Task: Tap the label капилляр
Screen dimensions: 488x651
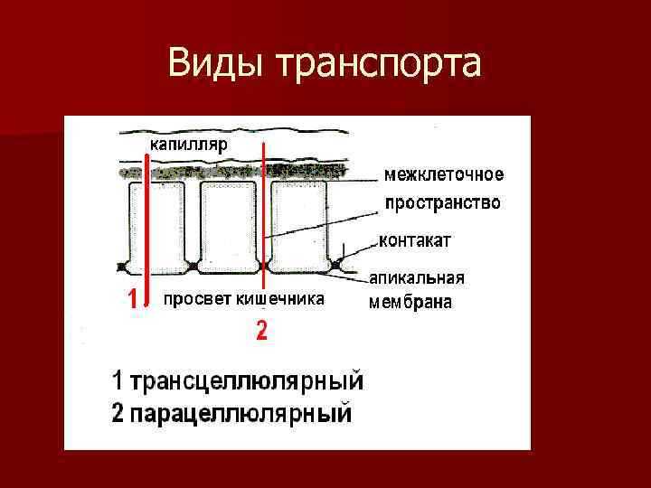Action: (189, 144)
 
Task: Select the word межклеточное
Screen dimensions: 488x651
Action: (444, 174)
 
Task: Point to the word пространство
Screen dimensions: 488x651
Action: (443, 203)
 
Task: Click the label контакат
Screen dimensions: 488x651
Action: (416, 241)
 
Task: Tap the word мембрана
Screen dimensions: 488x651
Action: (410, 303)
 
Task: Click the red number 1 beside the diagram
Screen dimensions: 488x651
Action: (132, 299)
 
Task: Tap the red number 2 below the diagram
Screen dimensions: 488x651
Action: (261, 332)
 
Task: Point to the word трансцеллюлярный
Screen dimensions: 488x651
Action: (248, 380)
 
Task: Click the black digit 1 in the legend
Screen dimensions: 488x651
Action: (118, 380)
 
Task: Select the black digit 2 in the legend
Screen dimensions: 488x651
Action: (118, 415)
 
